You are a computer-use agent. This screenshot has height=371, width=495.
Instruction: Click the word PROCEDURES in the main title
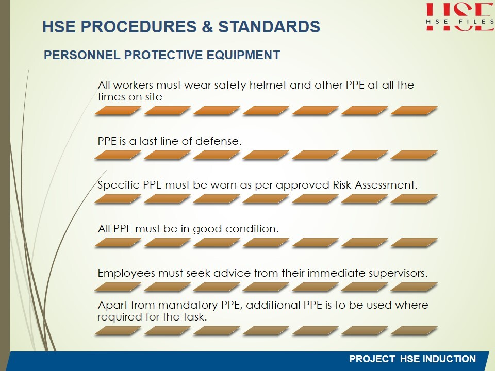138,26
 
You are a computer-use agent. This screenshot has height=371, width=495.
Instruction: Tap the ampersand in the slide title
207,26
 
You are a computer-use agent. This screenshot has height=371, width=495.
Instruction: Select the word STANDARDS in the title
269,26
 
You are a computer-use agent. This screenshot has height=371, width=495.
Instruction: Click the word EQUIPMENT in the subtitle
243,55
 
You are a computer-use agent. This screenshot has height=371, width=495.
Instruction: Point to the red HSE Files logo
459,16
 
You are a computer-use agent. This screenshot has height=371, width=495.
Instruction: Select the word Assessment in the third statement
386,185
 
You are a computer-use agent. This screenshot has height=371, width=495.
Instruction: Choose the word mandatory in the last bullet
188,306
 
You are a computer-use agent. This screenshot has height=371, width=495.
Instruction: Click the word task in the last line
194,317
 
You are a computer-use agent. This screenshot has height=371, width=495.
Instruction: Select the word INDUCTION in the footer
449,359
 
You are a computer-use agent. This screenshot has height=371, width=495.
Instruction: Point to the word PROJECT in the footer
372,359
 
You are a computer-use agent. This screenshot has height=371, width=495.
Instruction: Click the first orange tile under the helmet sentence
118,110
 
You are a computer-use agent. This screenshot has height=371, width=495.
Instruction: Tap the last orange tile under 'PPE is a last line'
414,155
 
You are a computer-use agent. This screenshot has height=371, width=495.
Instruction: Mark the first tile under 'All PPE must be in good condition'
118,242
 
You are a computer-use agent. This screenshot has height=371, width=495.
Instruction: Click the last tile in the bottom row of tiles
414,330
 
